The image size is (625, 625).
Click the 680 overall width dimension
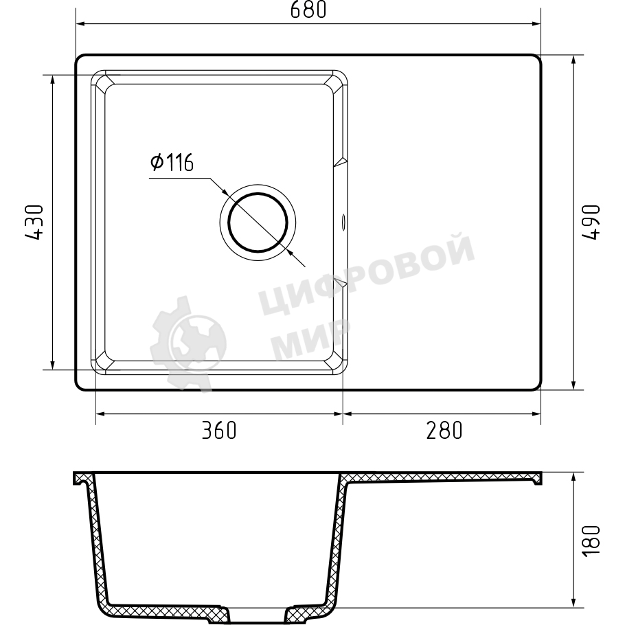tap(308, 10)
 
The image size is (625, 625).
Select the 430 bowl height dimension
tap(34, 223)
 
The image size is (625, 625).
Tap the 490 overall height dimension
tap(591, 223)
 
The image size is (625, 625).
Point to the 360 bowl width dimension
tap(219, 431)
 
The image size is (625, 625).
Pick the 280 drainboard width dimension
tap(444, 431)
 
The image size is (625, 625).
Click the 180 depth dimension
tap(591, 541)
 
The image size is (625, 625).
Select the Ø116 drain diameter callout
tap(172, 162)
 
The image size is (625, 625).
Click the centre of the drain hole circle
tap(258, 223)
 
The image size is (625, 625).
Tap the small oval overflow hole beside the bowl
tap(343, 222)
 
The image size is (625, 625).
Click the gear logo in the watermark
tap(188, 343)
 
